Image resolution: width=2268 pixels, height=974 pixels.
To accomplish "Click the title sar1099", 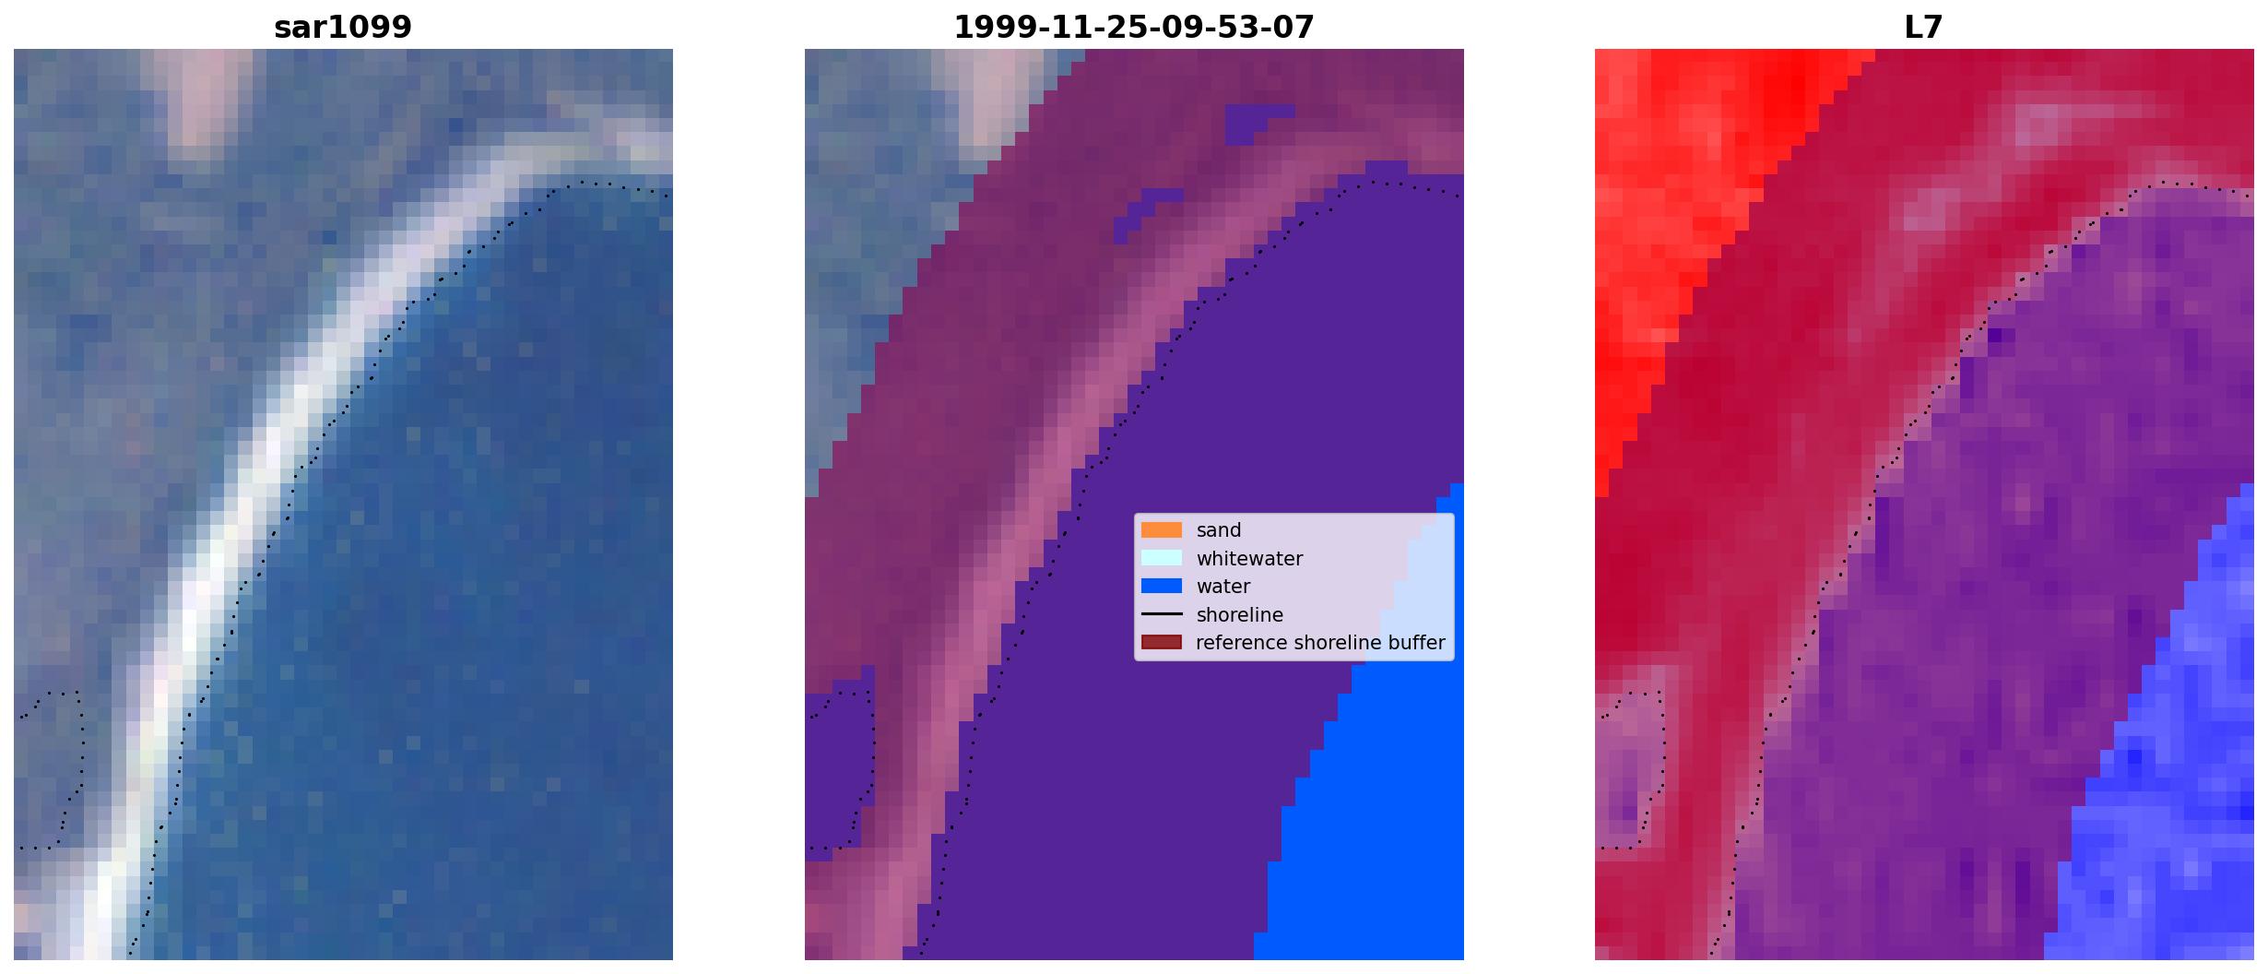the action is tap(343, 28).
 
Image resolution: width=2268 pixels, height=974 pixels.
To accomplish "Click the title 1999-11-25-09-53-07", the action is tap(1134, 28).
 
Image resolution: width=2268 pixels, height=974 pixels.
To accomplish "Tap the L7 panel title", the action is tap(1924, 28).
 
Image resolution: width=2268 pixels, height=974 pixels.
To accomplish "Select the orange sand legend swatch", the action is tap(1162, 530).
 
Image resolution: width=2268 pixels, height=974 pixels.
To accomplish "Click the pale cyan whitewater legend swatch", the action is tap(1162, 558).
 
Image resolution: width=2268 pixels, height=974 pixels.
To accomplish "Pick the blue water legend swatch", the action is tap(1162, 587).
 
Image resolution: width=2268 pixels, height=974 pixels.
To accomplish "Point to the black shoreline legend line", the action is tap(1162, 614).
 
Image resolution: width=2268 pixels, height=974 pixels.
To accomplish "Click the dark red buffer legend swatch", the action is tap(1162, 643).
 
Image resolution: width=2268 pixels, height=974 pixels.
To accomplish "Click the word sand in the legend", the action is tap(1219, 530).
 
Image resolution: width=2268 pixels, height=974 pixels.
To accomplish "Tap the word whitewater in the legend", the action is tap(1249, 559).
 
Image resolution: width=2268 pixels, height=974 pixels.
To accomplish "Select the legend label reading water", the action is tap(1223, 587).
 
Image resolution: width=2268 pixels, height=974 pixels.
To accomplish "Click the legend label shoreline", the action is tap(1240, 615).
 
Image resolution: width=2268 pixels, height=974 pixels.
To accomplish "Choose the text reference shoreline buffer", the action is tap(1320, 643).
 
